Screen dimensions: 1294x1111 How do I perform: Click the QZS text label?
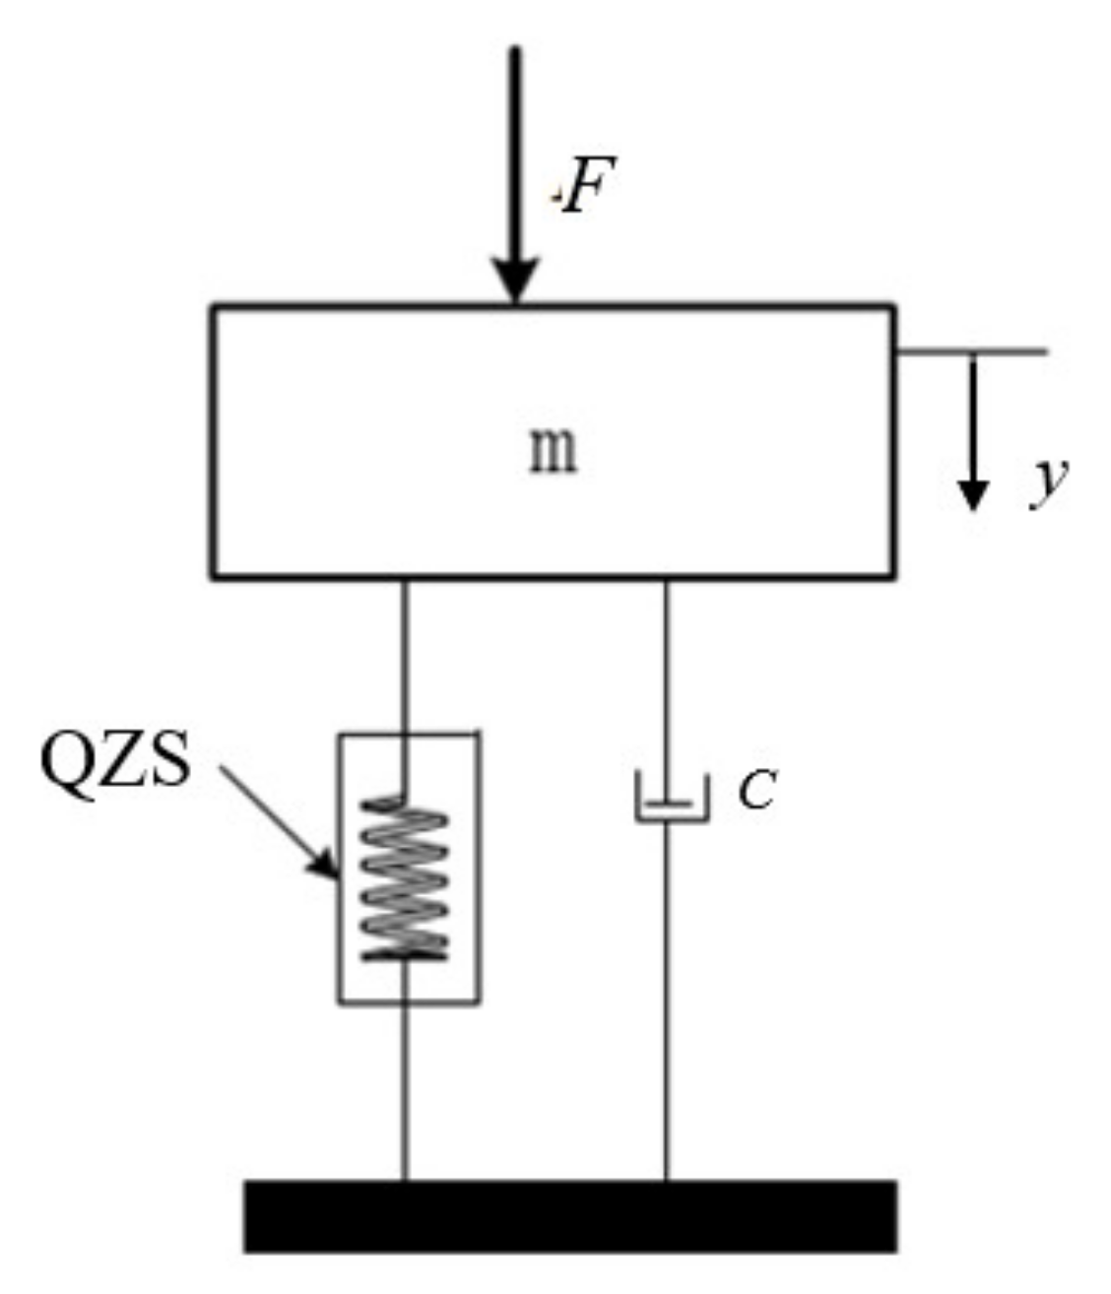(x=115, y=761)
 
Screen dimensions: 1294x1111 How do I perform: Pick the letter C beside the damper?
(x=757, y=790)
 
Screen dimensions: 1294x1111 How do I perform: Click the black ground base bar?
(x=570, y=1215)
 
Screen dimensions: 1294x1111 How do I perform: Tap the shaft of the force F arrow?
(x=515, y=148)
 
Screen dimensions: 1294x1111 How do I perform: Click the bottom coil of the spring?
(x=405, y=951)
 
